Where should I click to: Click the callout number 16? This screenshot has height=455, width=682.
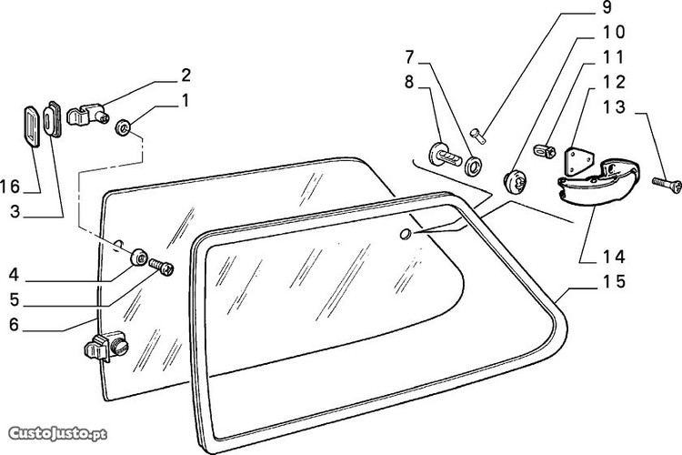(10, 187)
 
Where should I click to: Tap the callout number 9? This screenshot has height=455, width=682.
(607, 7)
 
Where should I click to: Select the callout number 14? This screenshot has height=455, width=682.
(614, 257)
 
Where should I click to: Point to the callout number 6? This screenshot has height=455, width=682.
(14, 324)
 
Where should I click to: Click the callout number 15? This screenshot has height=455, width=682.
(614, 282)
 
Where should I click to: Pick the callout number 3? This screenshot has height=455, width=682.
(15, 212)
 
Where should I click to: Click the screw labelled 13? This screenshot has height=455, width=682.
(667, 185)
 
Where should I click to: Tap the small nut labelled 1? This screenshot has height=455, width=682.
(123, 128)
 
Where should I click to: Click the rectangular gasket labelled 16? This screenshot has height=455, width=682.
(31, 126)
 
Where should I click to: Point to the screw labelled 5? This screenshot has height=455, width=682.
(161, 267)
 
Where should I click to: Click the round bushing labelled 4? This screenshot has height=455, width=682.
(139, 257)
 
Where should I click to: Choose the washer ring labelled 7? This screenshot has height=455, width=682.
(473, 166)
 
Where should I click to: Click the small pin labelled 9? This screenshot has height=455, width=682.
(478, 135)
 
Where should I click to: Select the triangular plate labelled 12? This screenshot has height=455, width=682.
(578, 162)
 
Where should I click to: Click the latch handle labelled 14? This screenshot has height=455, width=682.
(599, 181)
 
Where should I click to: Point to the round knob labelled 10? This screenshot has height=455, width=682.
(515, 182)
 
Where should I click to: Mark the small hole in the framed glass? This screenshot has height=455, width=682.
(406, 234)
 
